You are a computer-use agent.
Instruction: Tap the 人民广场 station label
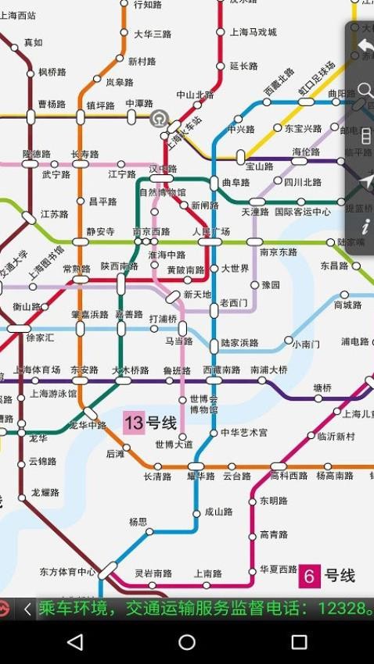pyautogui.click(x=210, y=232)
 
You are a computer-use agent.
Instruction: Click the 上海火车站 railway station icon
pyautogui.click(x=159, y=119)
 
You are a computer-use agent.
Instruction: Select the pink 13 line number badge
pyautogui.click(x=133, y=423)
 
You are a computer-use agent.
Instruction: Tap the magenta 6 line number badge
pyautogui.click(x=310, y=577)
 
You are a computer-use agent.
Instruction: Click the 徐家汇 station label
pyautogui.click(x=40, y=338)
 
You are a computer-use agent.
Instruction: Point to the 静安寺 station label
pyautogui.click(x=100, y=232)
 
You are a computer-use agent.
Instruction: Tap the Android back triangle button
pyautogui.click(x=75, y=642)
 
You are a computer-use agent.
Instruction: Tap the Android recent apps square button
pyautogui.click(x=299, y=642)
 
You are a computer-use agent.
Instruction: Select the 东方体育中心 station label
pyautogui.click(x=67, y=572)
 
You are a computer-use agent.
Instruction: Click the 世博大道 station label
pyautogui.click(x=174, y=445)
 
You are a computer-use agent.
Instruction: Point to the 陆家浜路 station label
pyautogui.click(x=239, y=343)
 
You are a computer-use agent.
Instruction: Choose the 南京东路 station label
pyautogui.click(x=279, y=252)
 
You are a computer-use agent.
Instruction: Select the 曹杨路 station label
pyautogui.click(x=52, y=105)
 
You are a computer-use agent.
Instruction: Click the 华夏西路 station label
pyautogui.click(x=279, y=569)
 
